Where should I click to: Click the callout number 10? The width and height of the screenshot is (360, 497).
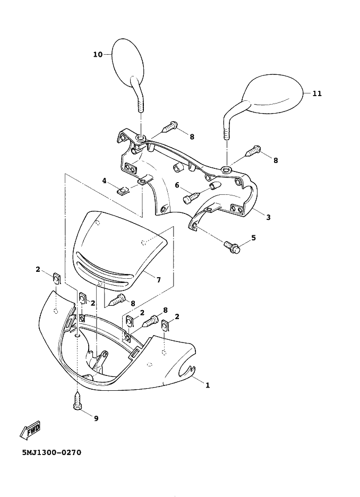(x=98, y=55)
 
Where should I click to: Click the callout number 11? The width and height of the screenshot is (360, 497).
(x=317, y=93)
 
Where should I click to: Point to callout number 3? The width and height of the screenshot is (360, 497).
(x=269, y=218)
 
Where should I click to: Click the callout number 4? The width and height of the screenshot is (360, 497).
(x=105, y=181)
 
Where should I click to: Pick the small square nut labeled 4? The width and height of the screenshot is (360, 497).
(x=122, y=191)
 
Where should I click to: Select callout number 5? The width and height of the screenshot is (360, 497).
(x=253, y=238)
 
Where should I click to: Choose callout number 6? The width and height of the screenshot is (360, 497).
(x=177, y=185)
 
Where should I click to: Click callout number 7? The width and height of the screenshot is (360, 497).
(x=159, y=279)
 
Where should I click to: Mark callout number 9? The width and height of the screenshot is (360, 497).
(x=96, y=419)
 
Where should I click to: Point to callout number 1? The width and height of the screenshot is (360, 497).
(x=208, y=385)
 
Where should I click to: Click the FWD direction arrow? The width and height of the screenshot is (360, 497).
(x=30, y=431)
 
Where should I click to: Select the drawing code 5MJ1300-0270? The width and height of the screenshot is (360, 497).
(x=52, y=452)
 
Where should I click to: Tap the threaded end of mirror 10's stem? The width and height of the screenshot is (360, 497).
(x=141, y=105)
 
